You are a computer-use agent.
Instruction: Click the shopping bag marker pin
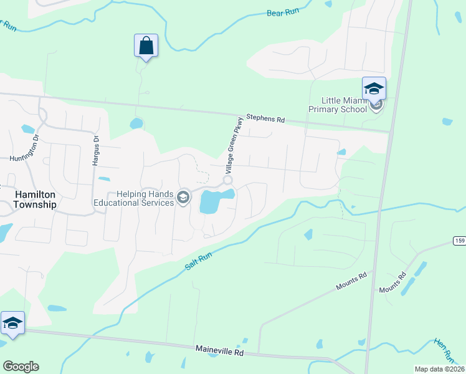[x=146, y=46]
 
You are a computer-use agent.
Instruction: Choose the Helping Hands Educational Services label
[x=134, y=198]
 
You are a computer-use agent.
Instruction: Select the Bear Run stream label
[x=283, y=12]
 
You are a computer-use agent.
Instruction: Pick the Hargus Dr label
[x=96, y=151]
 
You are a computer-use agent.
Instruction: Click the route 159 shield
[x=458, y=241]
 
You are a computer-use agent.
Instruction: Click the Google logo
[x=21, y=367]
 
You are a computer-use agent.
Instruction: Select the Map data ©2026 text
[x=439, y=369]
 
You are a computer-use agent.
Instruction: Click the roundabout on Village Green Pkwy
[x=228, y=180]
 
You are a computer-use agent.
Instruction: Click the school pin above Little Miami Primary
[x=374, y=89]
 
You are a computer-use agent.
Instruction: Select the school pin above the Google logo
[x=12, y=323]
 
